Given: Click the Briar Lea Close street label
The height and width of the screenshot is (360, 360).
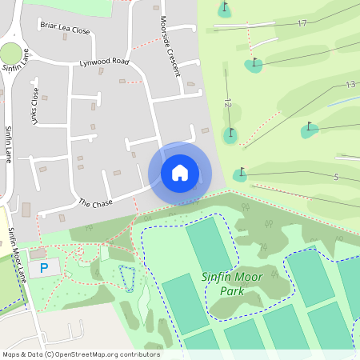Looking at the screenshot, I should click(x=65, y=29).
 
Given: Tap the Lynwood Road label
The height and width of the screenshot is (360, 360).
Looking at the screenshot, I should click(x=104, y=62).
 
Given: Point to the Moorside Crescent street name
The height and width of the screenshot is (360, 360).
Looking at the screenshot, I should click(x=170, y=46).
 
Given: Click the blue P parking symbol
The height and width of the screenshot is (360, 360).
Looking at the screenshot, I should click(x=44, y=267).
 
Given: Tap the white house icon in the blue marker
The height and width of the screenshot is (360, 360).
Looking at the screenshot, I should click(x=180, y=172).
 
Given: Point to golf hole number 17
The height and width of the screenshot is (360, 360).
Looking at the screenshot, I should click(x=302, y=23).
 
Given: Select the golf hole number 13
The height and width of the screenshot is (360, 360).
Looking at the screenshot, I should click(x=350, y=84).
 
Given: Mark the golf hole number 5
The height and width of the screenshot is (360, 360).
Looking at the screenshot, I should click(x=337, y=177).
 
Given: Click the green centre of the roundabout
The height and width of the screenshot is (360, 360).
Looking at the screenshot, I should click(x=10, y=54).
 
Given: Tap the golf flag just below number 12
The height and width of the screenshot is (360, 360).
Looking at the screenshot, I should click(x=230, y=133).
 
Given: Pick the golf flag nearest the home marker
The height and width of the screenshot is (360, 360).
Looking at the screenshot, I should click(x=241, y=173).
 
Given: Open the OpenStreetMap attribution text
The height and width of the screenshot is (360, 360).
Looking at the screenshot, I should click(x=81, y=354).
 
